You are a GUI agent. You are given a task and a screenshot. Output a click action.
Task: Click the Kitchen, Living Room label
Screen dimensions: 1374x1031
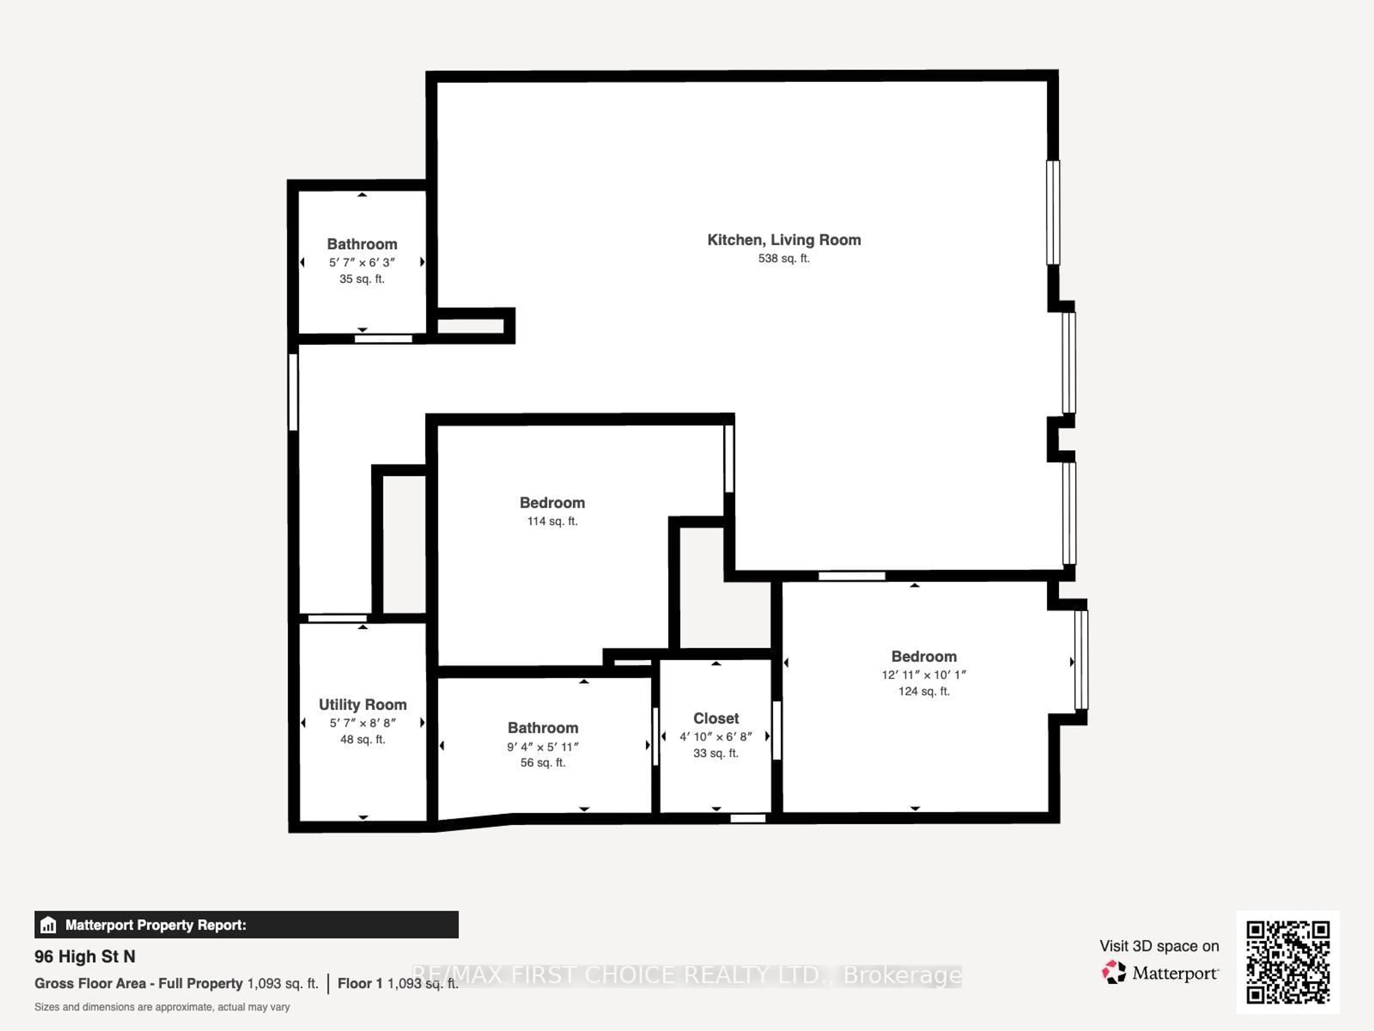click(784, 240)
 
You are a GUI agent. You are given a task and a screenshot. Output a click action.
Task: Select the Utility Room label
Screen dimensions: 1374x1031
click(363, 705)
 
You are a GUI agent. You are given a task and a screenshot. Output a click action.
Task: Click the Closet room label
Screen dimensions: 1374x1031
click(716, 718)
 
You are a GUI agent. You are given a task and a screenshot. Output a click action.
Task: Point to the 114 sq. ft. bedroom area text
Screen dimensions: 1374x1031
click(552, 521)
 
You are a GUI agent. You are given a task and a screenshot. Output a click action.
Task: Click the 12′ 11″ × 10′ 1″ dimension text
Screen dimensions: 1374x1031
click(924, 675)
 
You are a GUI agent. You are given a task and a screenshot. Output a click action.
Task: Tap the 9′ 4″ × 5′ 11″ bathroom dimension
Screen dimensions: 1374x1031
click(543, 746)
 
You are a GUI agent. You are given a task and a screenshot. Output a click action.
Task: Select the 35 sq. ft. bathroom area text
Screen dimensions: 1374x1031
click(362, 279)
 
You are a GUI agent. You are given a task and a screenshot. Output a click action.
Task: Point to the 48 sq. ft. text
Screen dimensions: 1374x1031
click(363, 740)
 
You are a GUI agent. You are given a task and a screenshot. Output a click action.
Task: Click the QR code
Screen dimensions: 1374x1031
click(1288, 962)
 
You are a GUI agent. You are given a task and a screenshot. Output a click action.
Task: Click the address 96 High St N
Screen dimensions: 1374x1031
click(85, 957)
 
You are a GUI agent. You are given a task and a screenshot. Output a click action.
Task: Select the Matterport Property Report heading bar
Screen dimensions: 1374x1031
click(247, 925)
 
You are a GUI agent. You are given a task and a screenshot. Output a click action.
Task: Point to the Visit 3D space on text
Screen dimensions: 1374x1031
click(1159, 946)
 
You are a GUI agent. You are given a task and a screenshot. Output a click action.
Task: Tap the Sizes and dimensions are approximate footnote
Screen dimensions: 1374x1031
click(162, 1007)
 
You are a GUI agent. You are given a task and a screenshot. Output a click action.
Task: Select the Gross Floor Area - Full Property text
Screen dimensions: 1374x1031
click(138, 983)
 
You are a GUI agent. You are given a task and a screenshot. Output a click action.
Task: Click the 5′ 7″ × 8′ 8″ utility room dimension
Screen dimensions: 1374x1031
click(363, 723)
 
